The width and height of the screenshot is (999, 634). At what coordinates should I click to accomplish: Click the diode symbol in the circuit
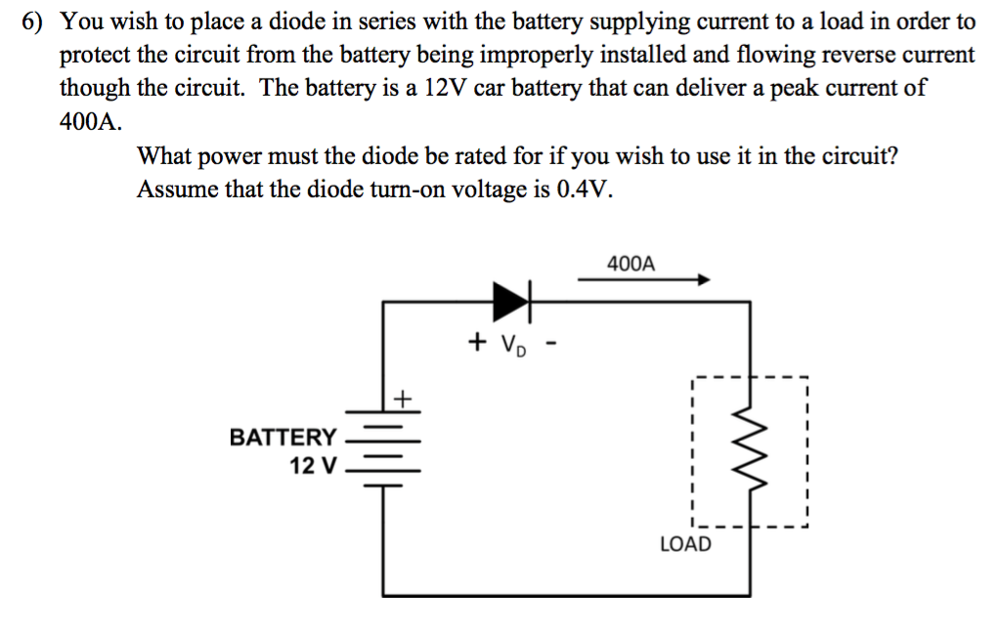(x=512, y=301)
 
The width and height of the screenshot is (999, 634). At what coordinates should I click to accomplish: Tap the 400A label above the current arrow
(x=631, y=264)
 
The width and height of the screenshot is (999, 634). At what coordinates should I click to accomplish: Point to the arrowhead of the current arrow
(x=701, y=280)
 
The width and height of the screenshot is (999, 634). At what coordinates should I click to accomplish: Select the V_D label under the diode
(x=512, y=344)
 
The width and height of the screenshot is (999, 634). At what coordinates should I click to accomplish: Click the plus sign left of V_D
(x=477, y=342)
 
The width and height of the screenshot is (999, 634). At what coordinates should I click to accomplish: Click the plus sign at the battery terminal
(x=403, y=398)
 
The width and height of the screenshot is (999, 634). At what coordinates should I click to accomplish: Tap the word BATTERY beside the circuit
(x=282, y=437)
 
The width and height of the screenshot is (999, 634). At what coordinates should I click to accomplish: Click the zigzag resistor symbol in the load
(x=750, y=452)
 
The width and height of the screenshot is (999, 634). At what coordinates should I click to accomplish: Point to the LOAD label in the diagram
(x=685, y=544)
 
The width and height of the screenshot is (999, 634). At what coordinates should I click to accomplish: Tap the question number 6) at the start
(x=35, y=21)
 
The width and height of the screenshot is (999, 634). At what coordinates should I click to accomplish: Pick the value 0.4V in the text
(x=585, y=189)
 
